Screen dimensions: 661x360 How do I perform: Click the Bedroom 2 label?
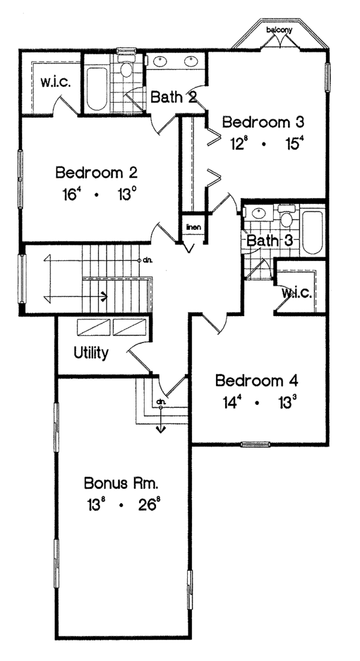[97, 173]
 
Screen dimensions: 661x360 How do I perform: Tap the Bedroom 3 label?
[263, 122]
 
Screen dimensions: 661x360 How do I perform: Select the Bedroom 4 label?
[257, 381]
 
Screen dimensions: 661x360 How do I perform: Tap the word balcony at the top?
[278, 29]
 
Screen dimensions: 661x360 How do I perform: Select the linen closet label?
[192, 227]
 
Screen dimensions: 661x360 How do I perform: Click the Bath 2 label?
[173, 97]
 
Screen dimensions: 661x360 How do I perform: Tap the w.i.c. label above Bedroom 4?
[296, 293]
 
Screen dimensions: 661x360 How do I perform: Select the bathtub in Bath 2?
[96, 89]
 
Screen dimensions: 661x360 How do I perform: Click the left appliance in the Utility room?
[94, 328]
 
